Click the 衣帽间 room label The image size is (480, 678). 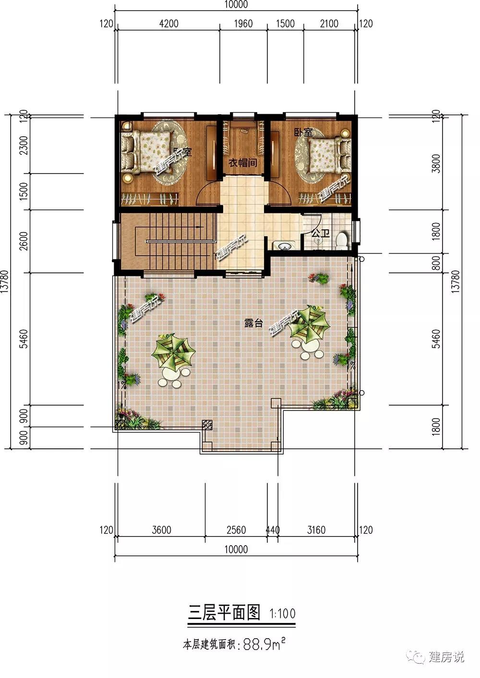[x=242, y=163]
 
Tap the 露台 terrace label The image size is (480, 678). [x=253, y=323]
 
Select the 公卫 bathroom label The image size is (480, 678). [x=321, y=234]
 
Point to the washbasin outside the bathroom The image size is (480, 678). [x=284, y=245]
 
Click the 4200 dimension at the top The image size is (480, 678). [x=169, y=23]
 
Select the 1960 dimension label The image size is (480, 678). [x=243, y=23]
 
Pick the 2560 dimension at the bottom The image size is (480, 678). [x=236, y=530]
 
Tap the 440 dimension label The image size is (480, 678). [x=273, y=530]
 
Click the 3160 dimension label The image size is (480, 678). [x=316, y=530]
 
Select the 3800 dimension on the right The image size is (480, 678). [x=436, y=163]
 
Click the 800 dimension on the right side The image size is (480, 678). [x=436, y=263]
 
